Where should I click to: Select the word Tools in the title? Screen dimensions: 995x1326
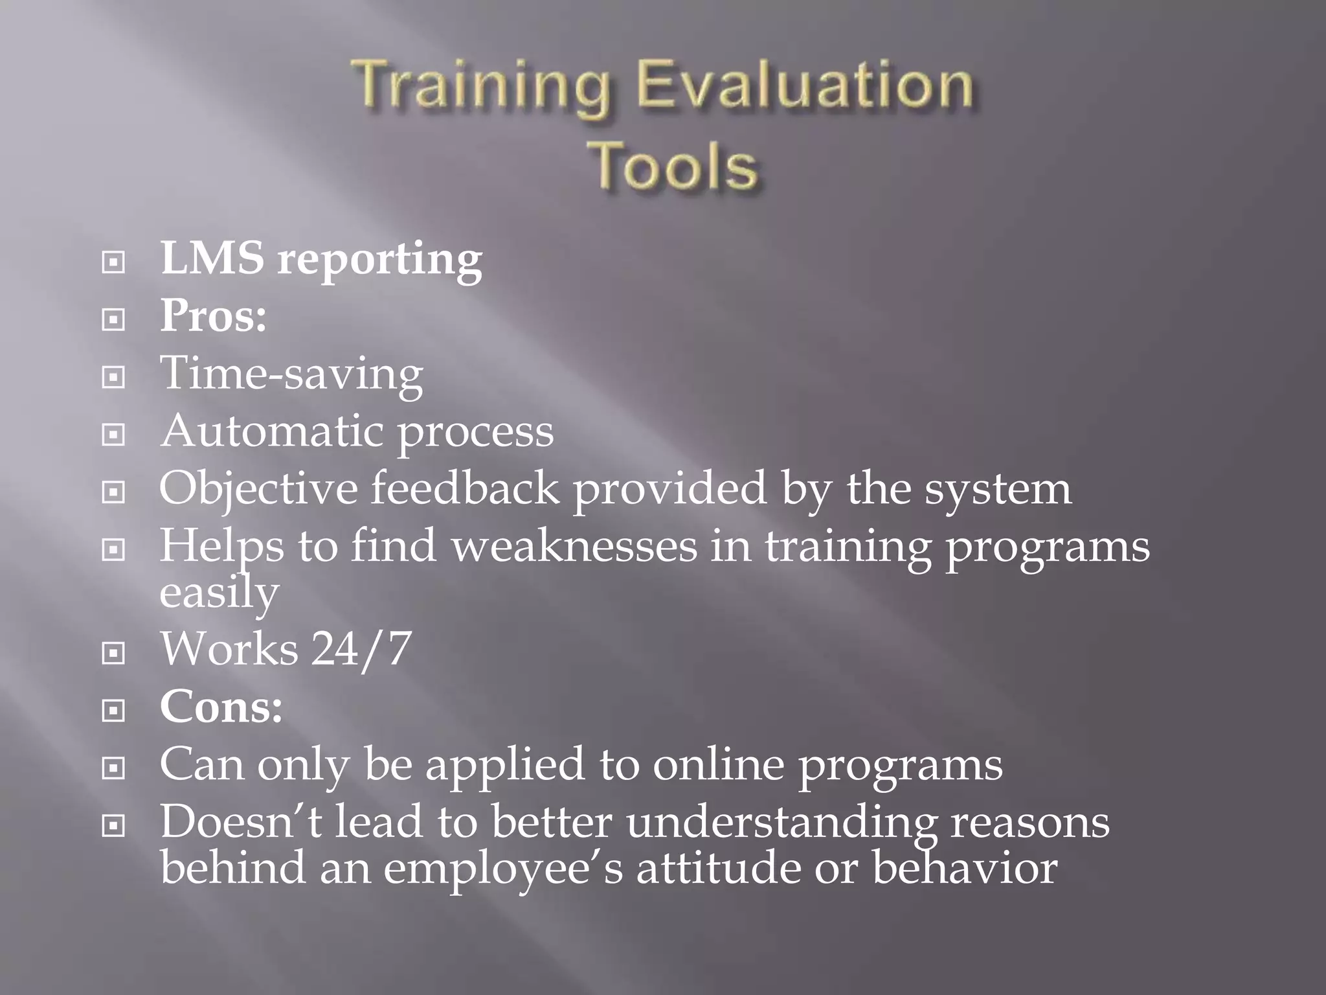(674, 167)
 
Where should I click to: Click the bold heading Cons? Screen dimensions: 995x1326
(221, 707)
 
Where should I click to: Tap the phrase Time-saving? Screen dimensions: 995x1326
(291, 374)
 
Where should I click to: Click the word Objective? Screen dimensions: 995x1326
(258, 489)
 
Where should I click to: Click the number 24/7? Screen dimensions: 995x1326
(361, 648)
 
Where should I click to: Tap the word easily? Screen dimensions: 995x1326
(219, 593)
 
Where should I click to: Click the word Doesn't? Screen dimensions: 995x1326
(240, 822)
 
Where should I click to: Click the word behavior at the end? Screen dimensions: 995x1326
(964, 868)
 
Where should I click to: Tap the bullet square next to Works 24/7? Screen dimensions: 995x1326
(113, 654)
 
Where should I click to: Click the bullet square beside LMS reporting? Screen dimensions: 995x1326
(113, 262)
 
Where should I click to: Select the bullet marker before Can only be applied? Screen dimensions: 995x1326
(113, 769)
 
